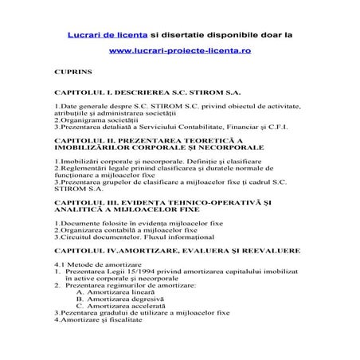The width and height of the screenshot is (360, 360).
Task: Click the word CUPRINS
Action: click(75, 72)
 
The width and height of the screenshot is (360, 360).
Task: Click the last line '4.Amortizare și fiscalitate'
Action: click(98, 320)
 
